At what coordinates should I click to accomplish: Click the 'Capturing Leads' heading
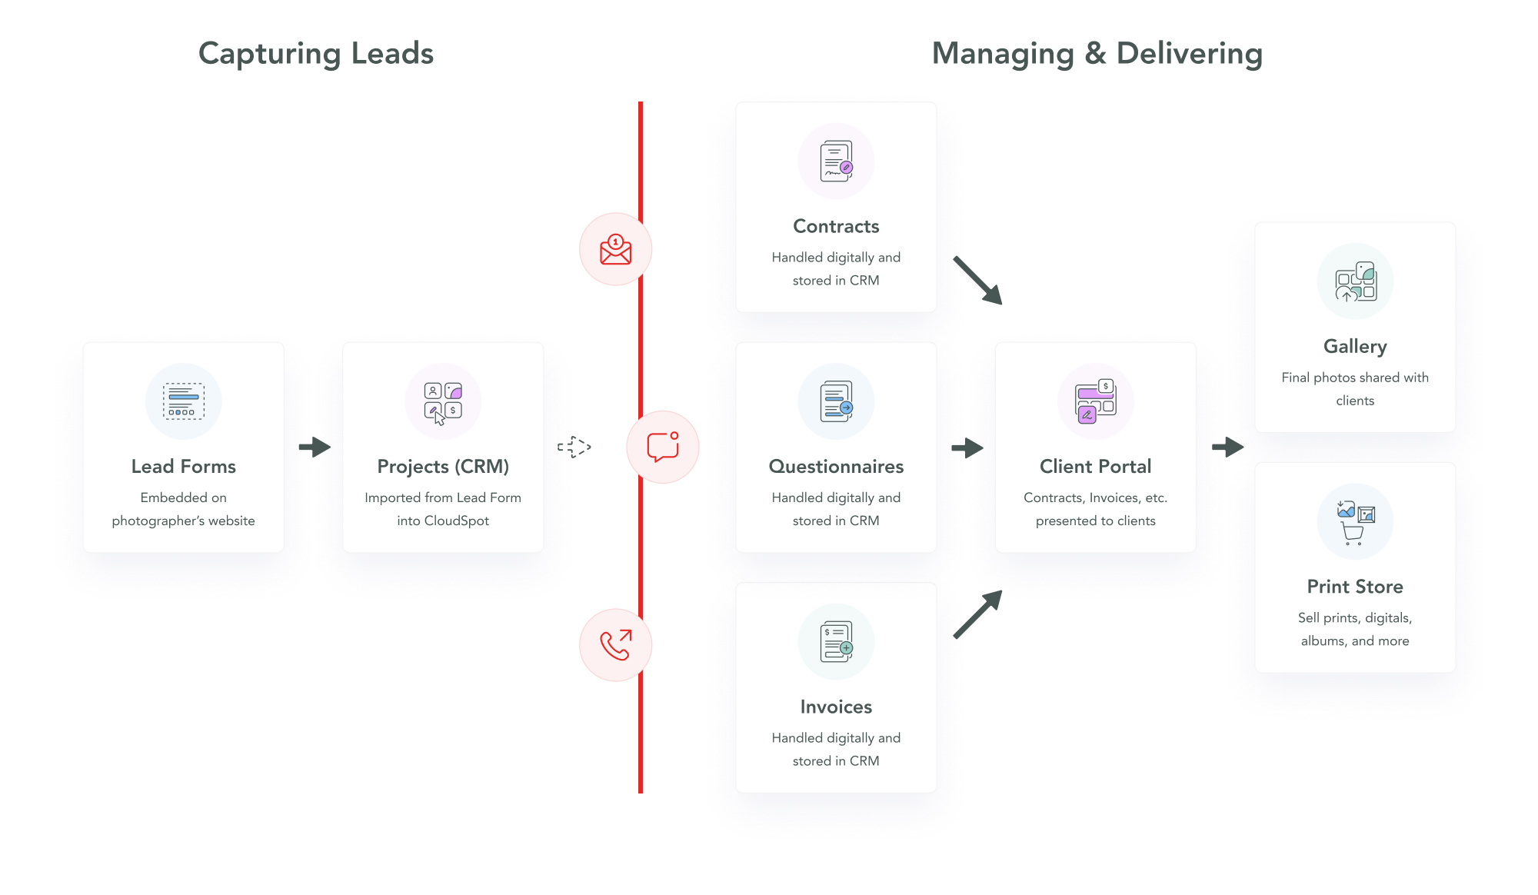pos(316,54)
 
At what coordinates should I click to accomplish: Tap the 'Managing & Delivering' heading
pos(1097,54)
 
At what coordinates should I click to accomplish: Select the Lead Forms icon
pos(184,401)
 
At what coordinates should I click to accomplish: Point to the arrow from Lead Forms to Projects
pos(315,447)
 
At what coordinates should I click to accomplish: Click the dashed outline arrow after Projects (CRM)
pos(574,447)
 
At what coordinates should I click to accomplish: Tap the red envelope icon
pos(615,250)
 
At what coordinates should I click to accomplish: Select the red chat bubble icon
pos(663,447)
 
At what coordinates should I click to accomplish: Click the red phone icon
pos(615,645)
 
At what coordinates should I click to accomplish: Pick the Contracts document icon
pos(836,161)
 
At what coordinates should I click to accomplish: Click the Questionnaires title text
pos(836,467)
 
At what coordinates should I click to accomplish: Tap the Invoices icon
pos(836,642)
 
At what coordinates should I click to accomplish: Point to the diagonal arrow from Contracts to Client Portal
pos(978,281)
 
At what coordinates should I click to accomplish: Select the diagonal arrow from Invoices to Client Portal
pos(978,614)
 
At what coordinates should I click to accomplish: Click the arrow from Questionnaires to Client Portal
pos(967,447)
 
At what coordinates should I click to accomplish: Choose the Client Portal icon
pos(1096,401)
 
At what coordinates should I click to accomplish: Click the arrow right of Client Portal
pos(1227,447)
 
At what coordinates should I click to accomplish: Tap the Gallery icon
pos(1355,281)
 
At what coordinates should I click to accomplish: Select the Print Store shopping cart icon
pos(1353,533)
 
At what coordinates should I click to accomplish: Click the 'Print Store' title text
pos(1355,587)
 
